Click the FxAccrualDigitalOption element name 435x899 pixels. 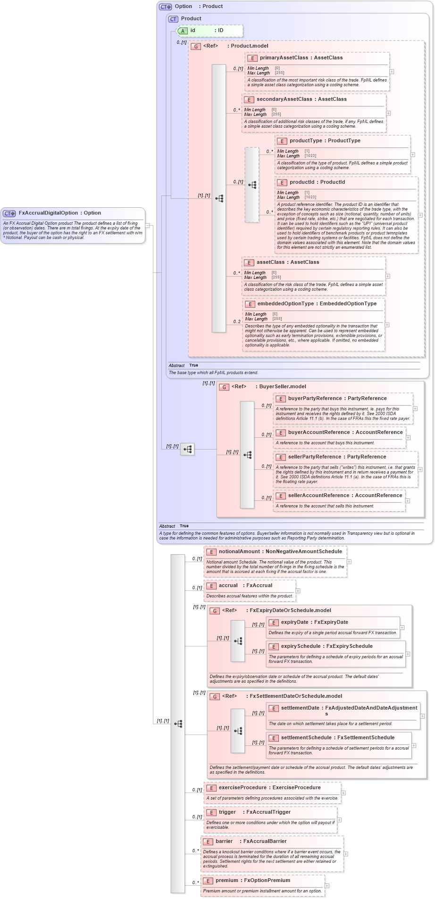tap(49, 213)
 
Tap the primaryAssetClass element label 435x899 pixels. tap(284, 57)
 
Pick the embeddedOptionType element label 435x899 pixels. tap(286, 303)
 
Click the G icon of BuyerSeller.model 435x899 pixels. tap(224, 387)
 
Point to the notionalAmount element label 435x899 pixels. tap(239, 551)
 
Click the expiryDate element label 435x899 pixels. tap(294, 622)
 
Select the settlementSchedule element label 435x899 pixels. tap(306, 737)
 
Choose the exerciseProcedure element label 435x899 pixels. tap(243, 787)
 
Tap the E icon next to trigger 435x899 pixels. tap(211, 812)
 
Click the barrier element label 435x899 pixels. tap(224, 841)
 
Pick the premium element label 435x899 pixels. tap(227, 880)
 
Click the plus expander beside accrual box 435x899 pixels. tap(298, 590)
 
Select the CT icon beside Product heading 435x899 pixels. tap(173, 19)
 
